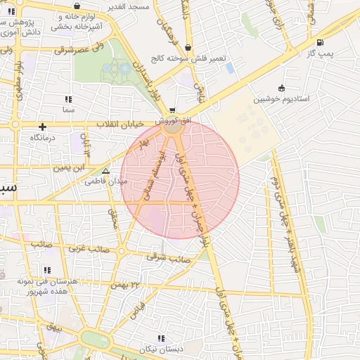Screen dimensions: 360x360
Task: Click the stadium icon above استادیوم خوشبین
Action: click(x=282, y=88)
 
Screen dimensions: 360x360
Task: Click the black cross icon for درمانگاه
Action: click(x=43, y=127)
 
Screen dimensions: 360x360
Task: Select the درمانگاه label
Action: click(x=43, y=139)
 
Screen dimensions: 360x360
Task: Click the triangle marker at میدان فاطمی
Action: click(x=105, y=171)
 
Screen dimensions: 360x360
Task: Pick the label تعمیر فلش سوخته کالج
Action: click(x=186, y=58)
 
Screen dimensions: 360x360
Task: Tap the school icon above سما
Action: click(x=68, y=100)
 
